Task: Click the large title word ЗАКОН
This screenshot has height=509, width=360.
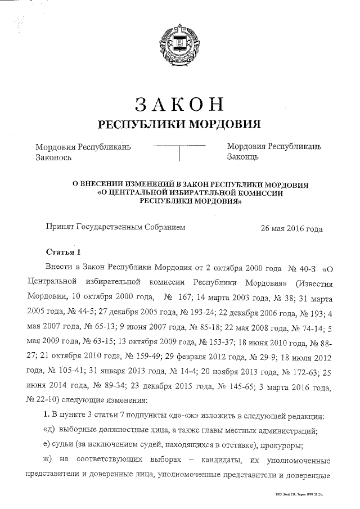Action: click(x=179, y=105)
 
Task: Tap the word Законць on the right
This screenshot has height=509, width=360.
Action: click(x=242, y=157)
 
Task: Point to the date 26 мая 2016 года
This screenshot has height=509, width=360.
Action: click(x=291, y=228)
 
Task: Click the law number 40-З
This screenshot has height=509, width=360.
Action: click(x=308, y=266)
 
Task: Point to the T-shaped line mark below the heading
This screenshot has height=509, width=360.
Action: click(x=179, y=151)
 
